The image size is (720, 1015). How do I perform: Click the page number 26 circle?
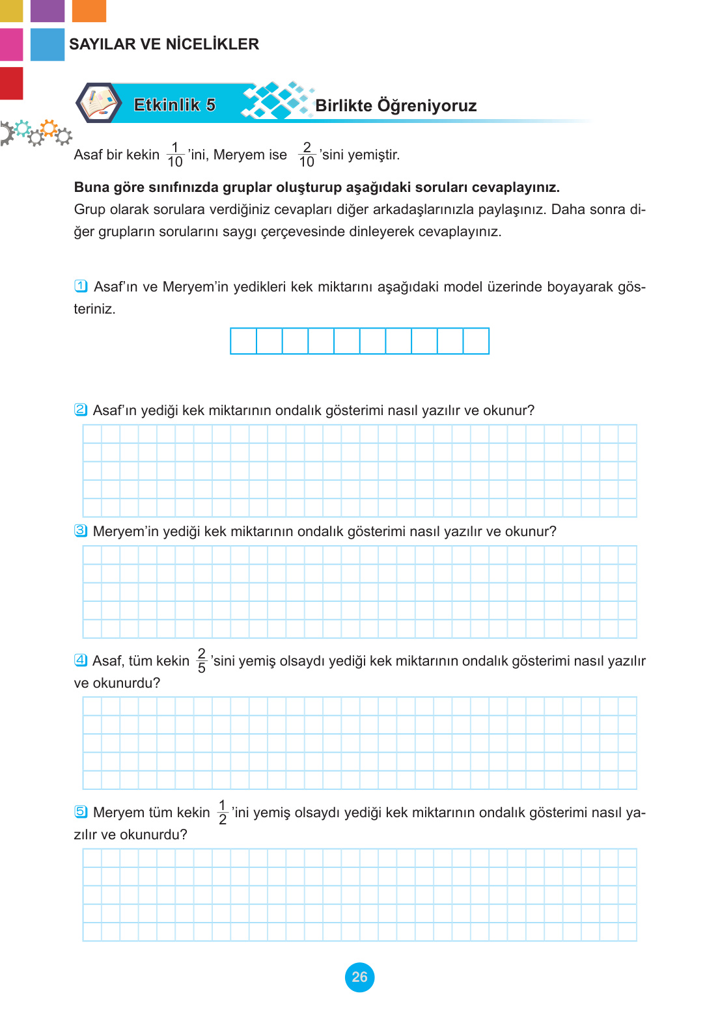coord(359,977)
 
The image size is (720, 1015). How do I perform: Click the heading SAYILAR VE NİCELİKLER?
coord(164,44)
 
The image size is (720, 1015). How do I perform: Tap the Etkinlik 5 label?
coord(174,105)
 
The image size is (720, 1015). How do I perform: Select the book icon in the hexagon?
coord(98,103)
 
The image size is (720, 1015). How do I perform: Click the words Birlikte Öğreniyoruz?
coord(396,105)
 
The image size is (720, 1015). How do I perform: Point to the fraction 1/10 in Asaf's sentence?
coord(175,155)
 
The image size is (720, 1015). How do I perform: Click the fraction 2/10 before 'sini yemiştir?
coord(307,155)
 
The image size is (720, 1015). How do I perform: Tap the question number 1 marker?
coord(81,286)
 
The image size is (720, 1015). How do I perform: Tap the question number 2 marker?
coord(81,409)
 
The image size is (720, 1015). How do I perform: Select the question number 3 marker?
coord(81,530)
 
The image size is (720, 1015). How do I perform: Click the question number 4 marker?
coord(81,660)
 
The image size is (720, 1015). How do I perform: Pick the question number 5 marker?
coord(81,811)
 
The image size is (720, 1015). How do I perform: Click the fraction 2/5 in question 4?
coord(202,660)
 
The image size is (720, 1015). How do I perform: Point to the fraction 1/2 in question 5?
coord(223,812)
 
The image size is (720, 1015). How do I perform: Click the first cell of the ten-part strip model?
coord(243,341)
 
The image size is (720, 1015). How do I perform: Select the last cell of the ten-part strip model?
coord(476,341)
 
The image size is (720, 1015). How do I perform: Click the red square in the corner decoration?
coord(11,83)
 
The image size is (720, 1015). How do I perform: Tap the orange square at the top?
coord(89,10)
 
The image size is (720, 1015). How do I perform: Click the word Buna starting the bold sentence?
coord(92,187)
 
